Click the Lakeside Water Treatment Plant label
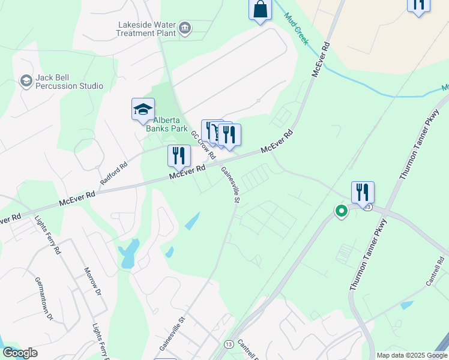[146, 29]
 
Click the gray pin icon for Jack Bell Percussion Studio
[26, 80]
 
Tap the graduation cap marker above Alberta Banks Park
[143, 109]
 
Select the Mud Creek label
[296, 29]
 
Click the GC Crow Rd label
[203, 145]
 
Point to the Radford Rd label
[114, 173]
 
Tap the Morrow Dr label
[92, 282]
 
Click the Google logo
[20, 353]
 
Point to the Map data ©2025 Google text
[411, 355]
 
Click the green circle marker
[342, 211]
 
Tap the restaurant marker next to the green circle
[363, 192]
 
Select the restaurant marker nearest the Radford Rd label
[179, 155]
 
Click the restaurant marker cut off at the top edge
[418, 4]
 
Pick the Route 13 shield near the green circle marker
[368, 207]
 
